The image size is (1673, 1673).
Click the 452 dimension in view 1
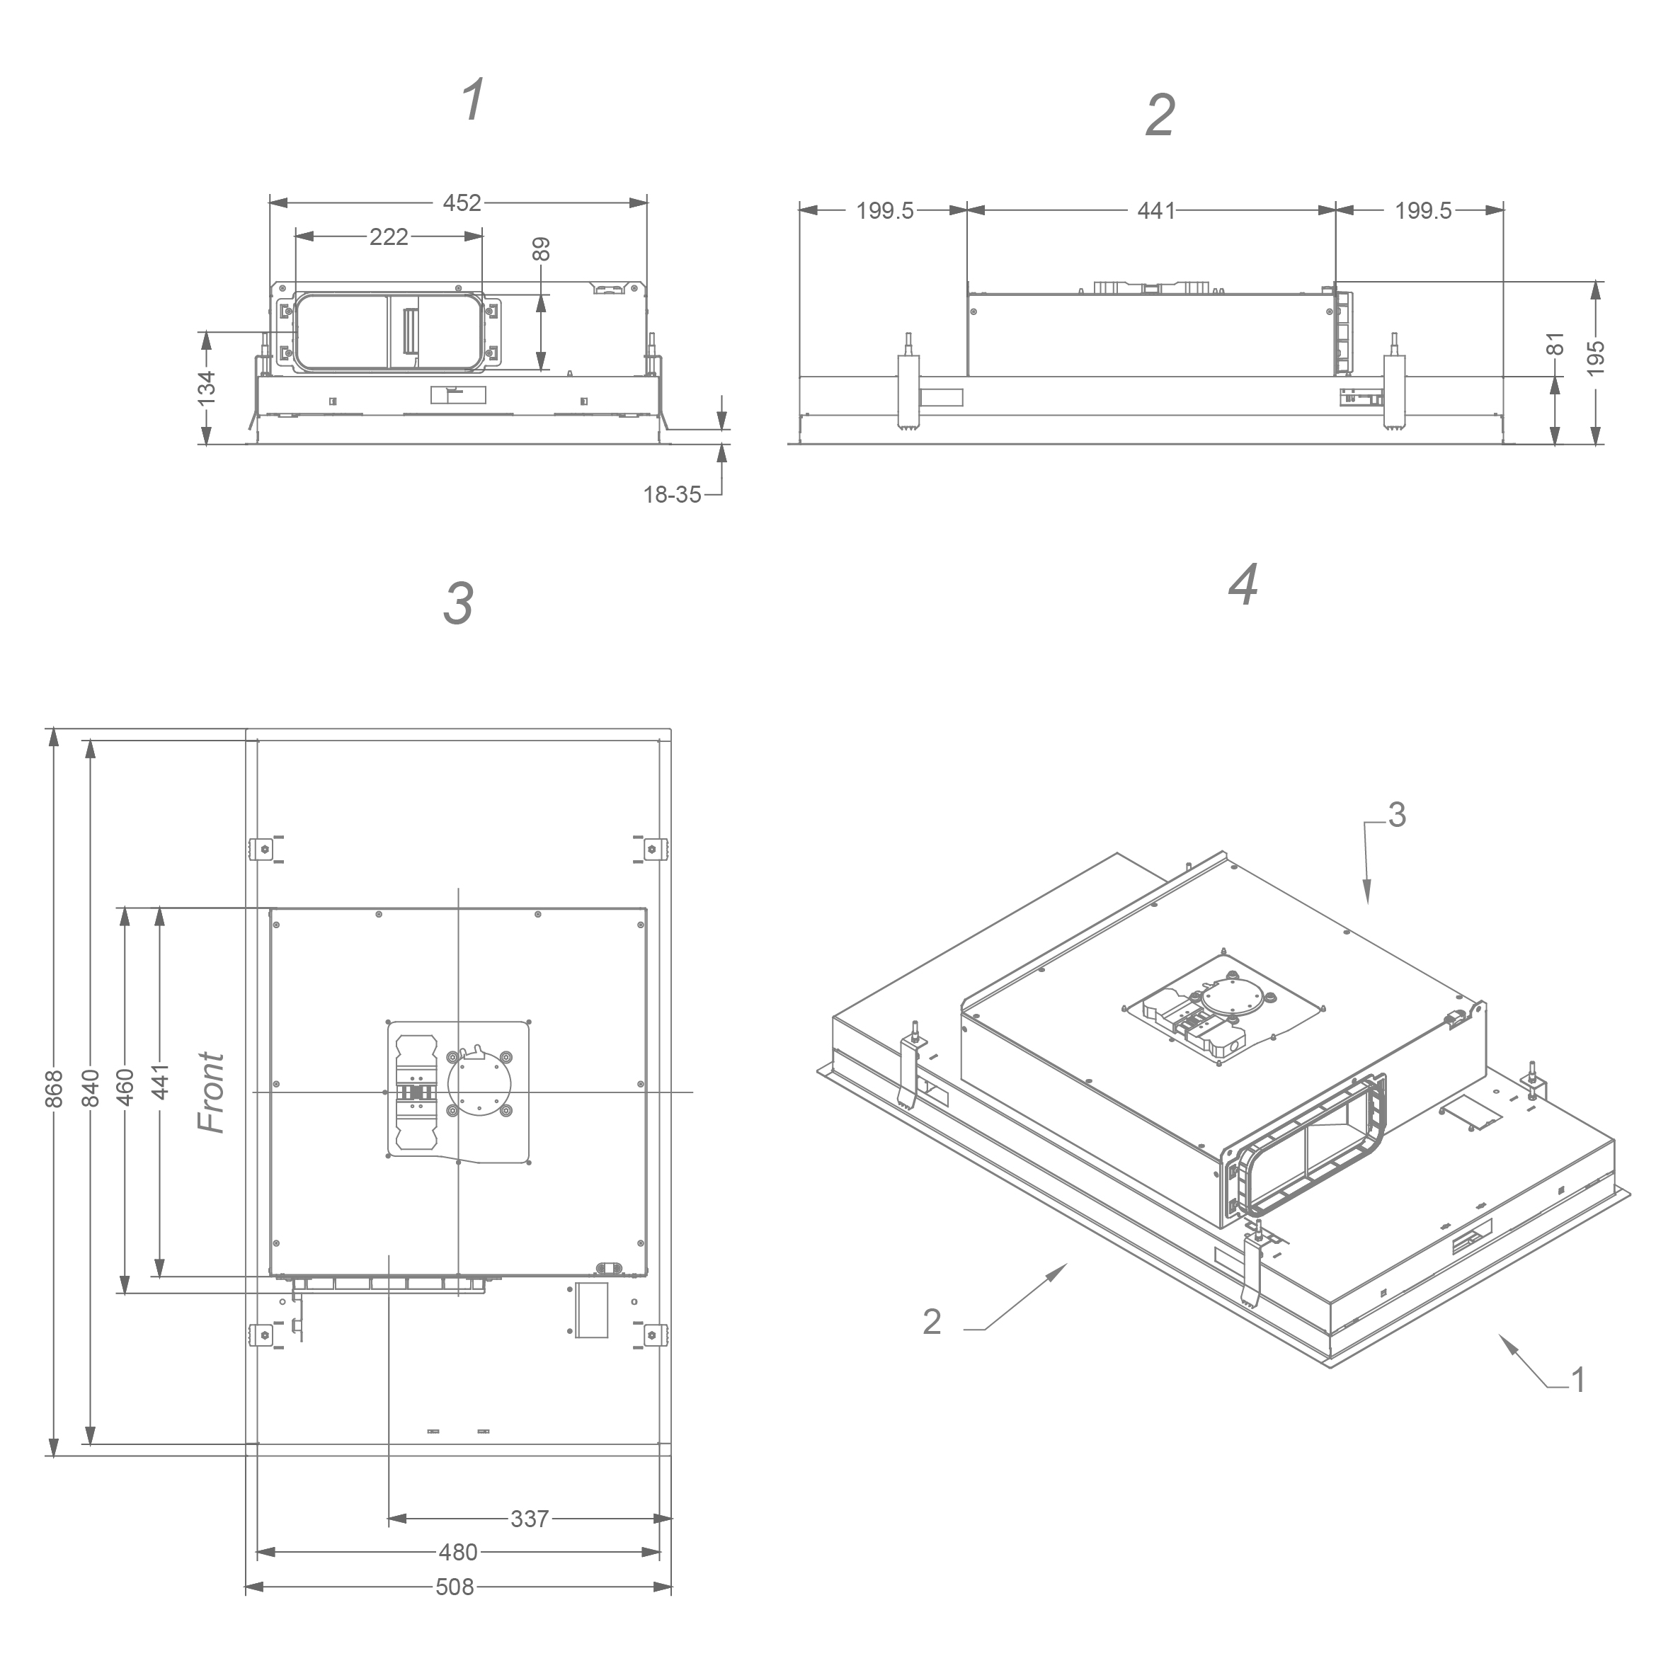(462, 202)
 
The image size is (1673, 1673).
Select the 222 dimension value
(389, 236)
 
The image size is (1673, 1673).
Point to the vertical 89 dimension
(541, 249)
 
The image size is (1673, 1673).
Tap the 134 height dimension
(206, 387)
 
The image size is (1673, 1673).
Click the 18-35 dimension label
(672, 494)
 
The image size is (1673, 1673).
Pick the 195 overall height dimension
(1597, 358)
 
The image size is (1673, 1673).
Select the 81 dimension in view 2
(1555, 344)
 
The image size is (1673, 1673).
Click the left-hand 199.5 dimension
(885, 210)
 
